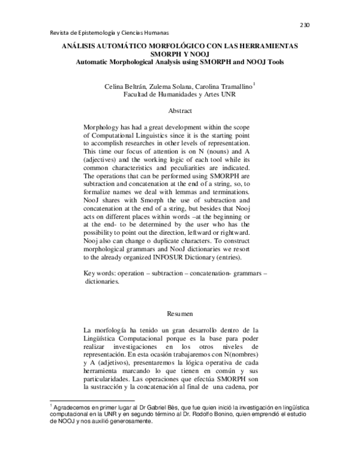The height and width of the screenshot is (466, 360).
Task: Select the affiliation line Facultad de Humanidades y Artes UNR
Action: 179,95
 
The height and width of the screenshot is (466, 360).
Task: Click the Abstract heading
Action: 180,112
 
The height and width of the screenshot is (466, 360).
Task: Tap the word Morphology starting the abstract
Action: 103,129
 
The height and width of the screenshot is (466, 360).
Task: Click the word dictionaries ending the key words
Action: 103,281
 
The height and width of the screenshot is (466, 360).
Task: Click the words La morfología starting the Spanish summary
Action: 108,330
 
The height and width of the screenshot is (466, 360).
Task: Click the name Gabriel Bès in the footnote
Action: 158,408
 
